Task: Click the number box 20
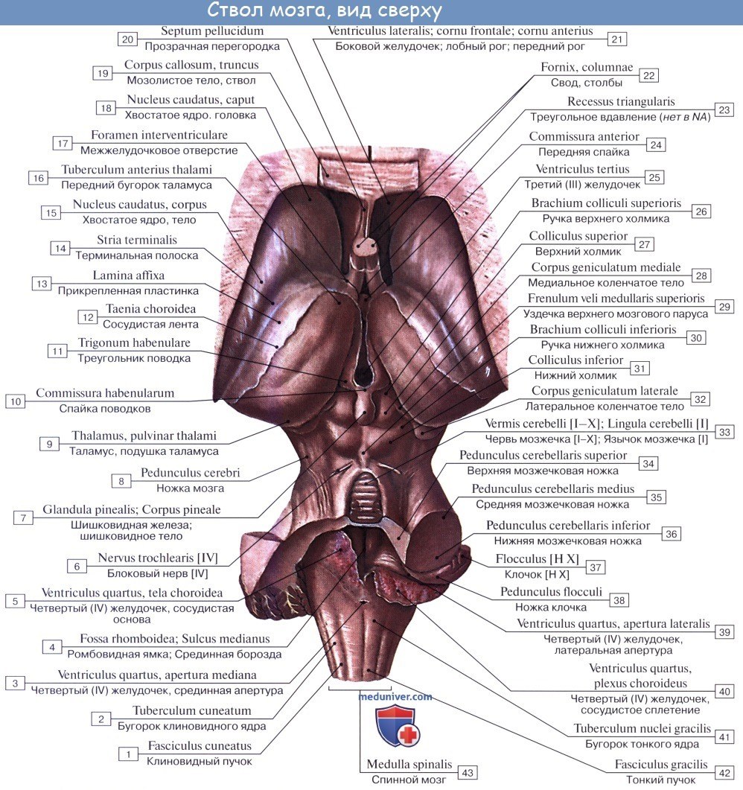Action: tap(127, 39)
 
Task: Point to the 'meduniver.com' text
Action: tap(395, 696)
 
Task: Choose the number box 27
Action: tap(645, 243)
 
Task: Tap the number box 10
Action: tap(15, 401)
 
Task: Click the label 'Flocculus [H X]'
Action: tap(538, 559)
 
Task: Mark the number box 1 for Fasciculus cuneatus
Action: tap(129, 754)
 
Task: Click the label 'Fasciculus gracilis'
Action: tap(660, 765)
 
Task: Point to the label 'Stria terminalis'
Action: tap(137, 240)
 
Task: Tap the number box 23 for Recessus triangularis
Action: tap(721, 109)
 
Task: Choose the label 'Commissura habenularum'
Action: tap(105, 393)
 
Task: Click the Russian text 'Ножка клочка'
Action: tap(555, 607)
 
